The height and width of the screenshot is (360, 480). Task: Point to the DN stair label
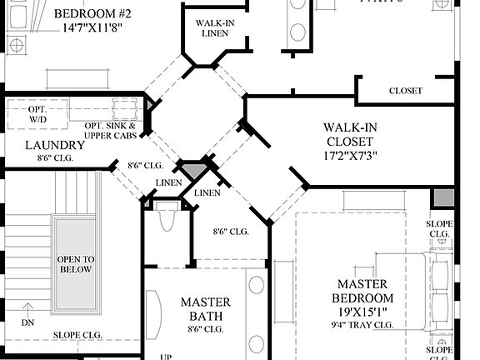coord(27,322)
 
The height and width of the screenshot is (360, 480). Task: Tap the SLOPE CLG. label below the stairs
coord(79,336)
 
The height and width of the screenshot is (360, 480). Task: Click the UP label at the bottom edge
coord(165,356)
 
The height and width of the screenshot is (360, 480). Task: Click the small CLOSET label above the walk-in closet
coord(405,91)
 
